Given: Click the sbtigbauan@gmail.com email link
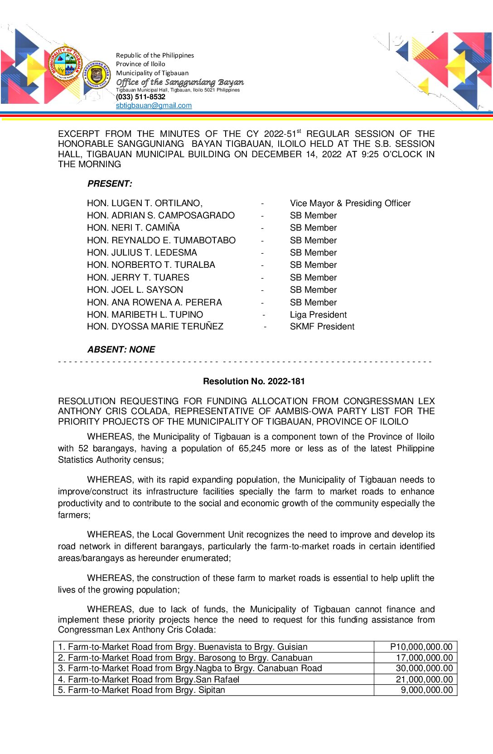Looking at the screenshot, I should (x=154, y=106).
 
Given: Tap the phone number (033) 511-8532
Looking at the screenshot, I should (x=140, y=97).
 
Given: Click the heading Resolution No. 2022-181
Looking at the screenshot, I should (x=254, y=382).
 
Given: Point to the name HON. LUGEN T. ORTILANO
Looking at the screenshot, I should (x=145, y=203).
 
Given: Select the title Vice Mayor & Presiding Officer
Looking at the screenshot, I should (x=350, y=203).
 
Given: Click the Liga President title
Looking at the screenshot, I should (x=318, y=315).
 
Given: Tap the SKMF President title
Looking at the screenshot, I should (x=322, y=327).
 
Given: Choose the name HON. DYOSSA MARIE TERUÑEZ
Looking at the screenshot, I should (x=155, y=327).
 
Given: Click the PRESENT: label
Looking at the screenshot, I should (x=110, y=184).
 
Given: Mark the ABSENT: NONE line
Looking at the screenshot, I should (x=121, y=350).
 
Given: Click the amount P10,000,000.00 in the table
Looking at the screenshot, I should (x=421, y=647).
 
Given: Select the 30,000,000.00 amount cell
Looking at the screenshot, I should (x=424, y=668).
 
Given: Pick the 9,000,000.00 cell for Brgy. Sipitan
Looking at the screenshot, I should (x=426, y=690).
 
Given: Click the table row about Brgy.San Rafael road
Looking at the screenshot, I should (x=154, y=680).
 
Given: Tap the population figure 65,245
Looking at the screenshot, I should (x=252, y=449).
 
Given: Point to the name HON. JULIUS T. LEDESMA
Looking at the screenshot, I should (x=142, y=253).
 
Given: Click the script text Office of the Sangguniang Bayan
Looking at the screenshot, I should (x=180, y=82).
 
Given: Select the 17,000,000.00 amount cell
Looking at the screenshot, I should (x=424, y=658).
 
